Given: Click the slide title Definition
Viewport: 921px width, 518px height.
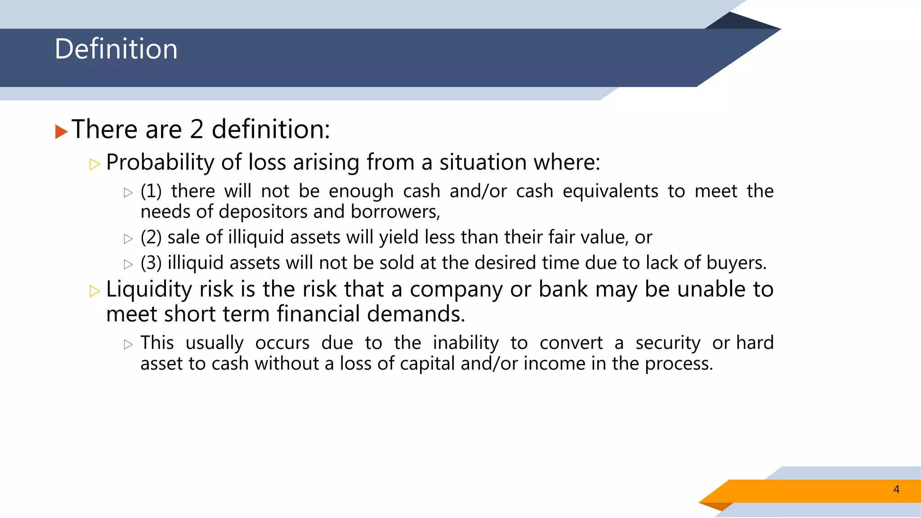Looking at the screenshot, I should [116, 49].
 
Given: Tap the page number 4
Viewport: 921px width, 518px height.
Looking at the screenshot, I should [896, 489].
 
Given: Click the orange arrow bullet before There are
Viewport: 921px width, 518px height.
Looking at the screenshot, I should [61, 132].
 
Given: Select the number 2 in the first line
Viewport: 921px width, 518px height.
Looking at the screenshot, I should [197, 129].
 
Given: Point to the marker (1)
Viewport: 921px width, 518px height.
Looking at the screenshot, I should [151, 192].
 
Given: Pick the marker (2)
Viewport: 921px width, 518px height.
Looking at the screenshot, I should [151, 237].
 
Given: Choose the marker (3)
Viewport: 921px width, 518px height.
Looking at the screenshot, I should [151, 263].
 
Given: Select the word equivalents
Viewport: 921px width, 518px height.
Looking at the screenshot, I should [610, 192].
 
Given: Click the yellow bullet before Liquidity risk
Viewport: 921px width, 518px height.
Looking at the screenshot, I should [94, 291].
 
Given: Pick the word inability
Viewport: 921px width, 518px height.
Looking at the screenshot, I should [466, 343].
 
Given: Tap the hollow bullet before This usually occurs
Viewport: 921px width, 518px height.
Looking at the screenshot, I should [129, 345].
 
